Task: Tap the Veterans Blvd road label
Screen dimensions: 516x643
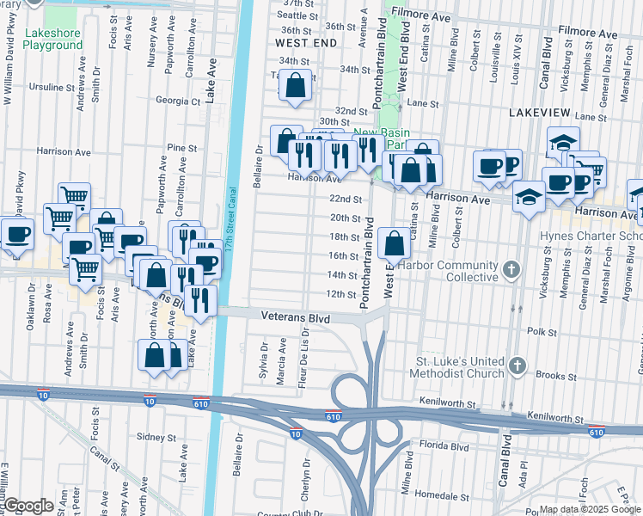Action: coord(297,318)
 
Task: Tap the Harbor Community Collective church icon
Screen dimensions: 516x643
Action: coord(513,269)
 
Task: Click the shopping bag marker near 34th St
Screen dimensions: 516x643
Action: coord(295,85)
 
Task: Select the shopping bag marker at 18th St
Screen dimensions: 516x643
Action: coord(394,243)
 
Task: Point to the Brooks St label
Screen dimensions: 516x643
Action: coord(555,376)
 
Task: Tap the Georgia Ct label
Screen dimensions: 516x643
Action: coord(178,101)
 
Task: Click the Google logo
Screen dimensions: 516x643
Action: coord(28,507)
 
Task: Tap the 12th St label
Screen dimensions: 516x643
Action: coord(341,294)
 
